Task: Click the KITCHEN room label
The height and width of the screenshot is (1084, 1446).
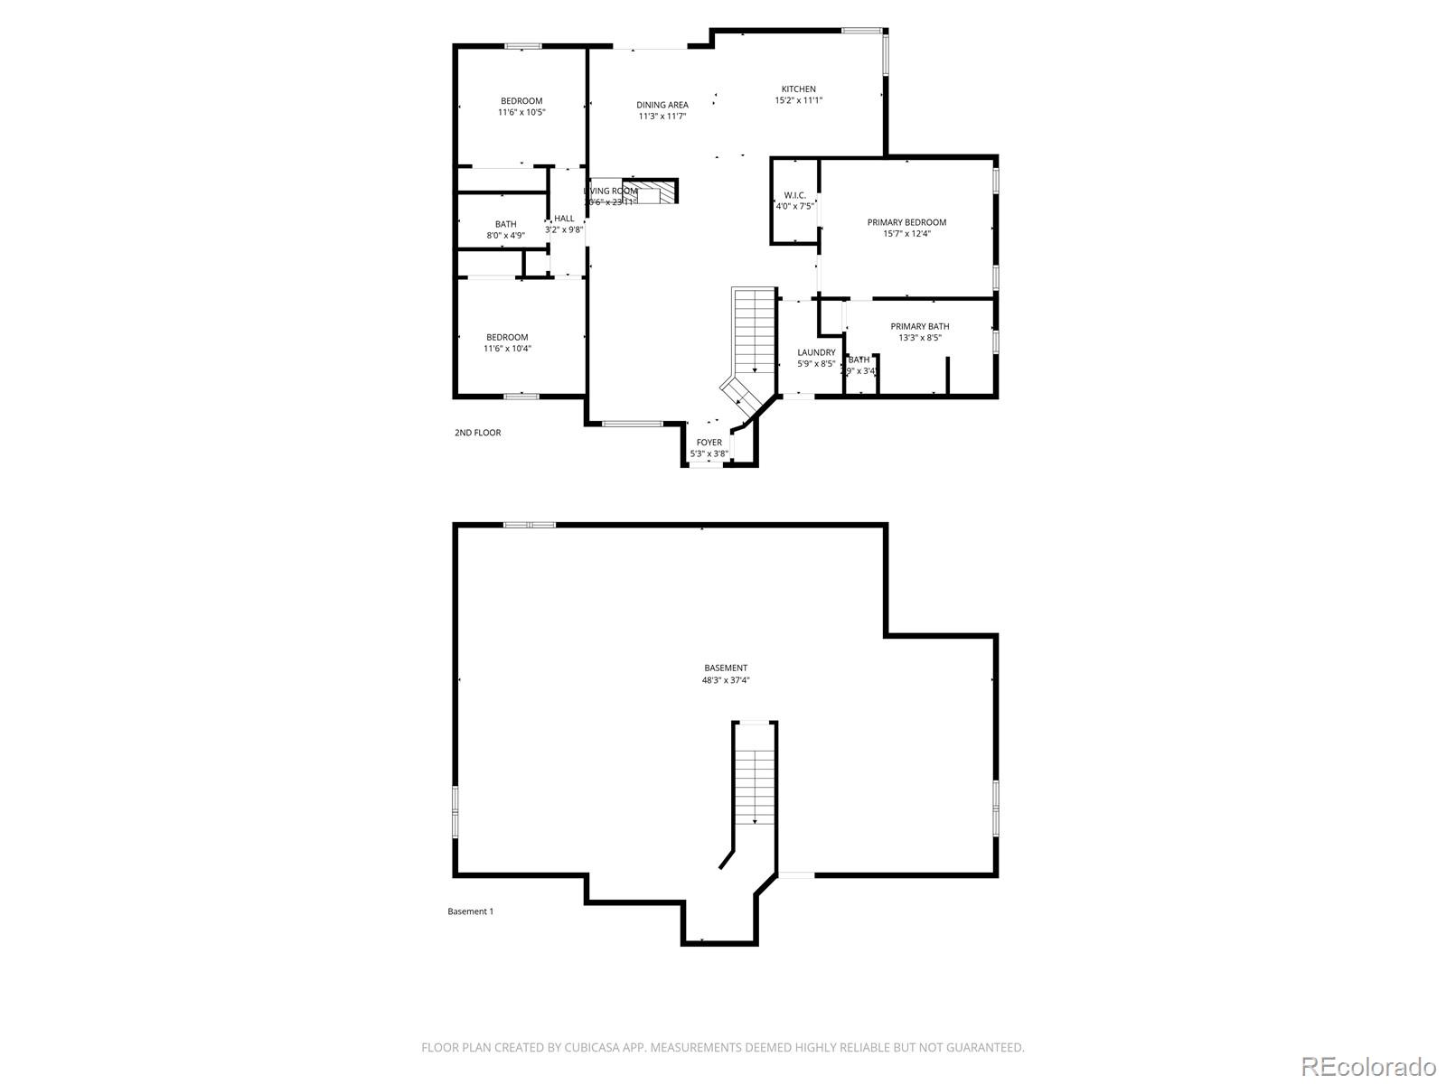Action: [x=798, y=89]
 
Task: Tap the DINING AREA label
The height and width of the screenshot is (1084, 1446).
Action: [x=662, y=105]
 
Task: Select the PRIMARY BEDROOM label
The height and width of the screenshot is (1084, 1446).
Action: [x=906, y=222]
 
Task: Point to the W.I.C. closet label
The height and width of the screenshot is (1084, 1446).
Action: [x=794, y=195]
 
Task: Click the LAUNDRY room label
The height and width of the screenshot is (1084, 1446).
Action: [x=816, y=352]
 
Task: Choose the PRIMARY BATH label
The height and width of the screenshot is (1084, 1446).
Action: [x=919, y=327]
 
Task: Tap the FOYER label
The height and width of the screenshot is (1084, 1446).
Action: [x=709, y=443]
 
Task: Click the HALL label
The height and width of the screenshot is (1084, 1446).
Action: [x=564, y=219]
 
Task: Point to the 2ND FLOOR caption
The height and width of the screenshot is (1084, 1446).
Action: [x=477, y=433]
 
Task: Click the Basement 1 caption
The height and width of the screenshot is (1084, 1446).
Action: [x=470, y=911]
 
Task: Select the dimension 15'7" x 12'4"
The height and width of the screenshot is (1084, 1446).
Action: [x=906, y=234]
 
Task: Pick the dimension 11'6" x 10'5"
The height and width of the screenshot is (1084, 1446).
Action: [x=521, y=113]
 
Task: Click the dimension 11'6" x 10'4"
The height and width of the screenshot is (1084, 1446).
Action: [x=507, y=349]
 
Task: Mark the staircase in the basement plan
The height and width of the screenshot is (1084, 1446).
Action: [x=754, y=777]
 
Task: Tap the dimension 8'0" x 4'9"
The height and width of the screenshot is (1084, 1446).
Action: [x=505, y=236]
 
